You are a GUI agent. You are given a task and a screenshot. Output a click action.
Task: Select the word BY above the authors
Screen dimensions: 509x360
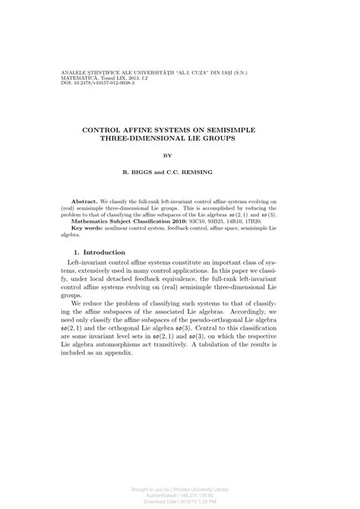coord(180,158)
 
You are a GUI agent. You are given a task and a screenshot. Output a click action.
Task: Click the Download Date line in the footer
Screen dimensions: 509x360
coord(179,501)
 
